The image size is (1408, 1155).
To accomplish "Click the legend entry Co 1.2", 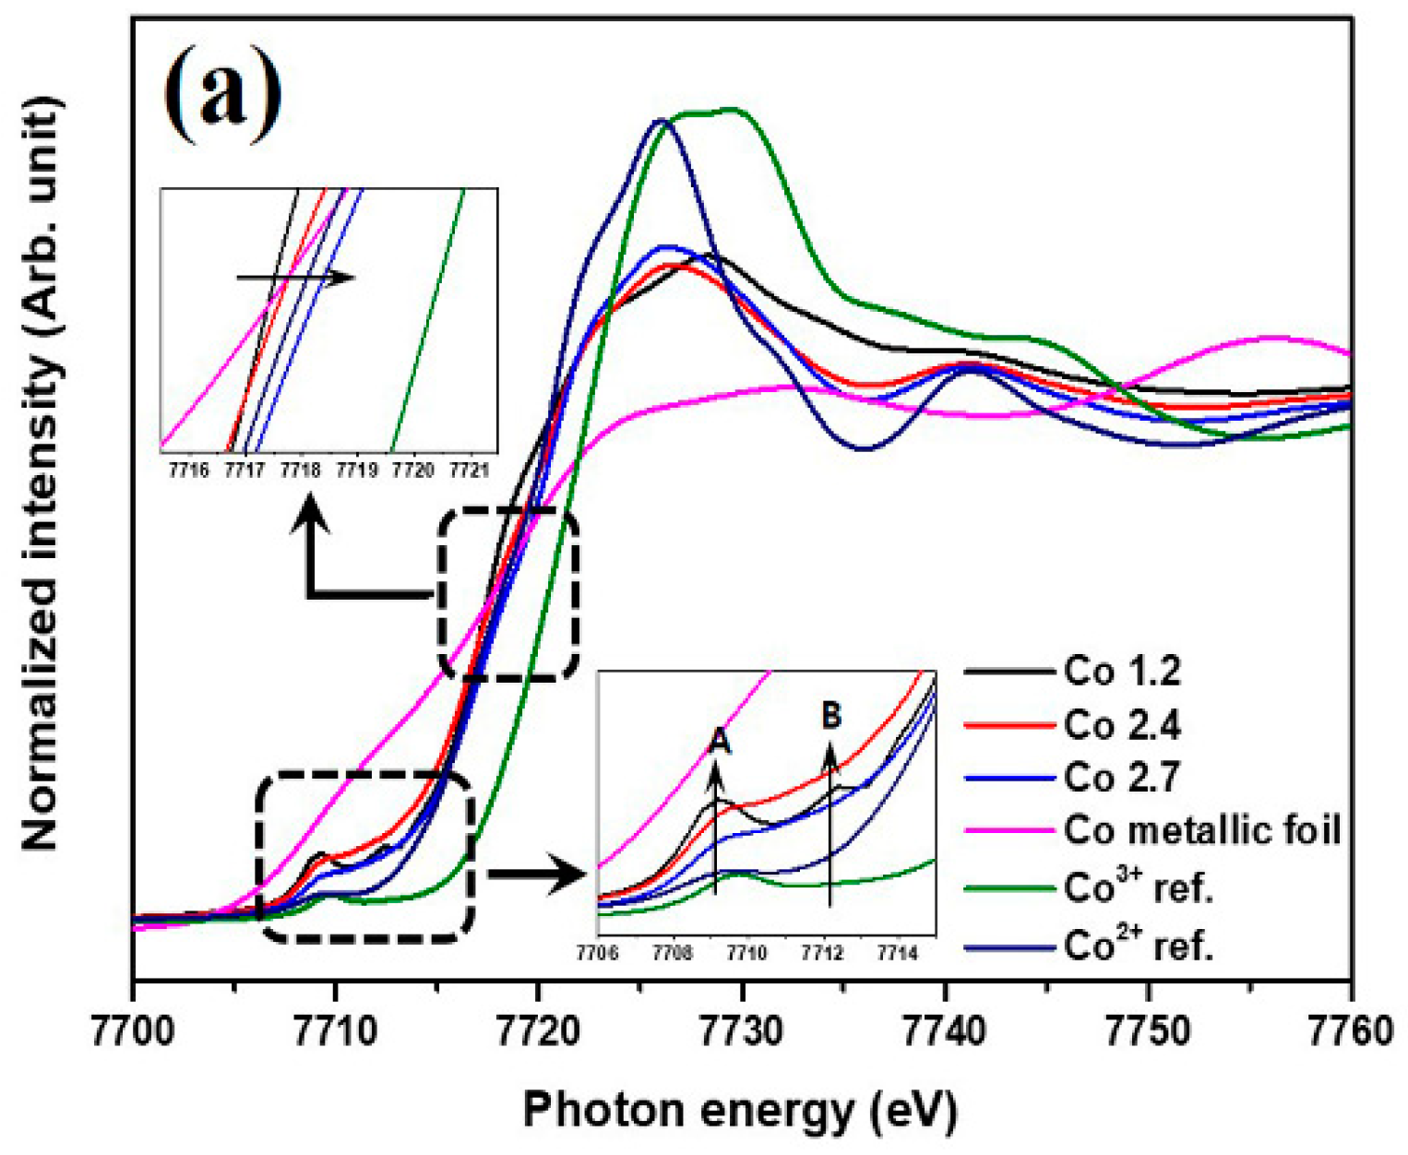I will pyautogui.click(x=1122, y=672).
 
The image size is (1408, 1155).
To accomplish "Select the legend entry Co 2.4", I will pyautogui.click(x=1122, y=726).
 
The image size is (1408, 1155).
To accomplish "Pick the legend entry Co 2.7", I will pyautogui.click(x=1122, y=778).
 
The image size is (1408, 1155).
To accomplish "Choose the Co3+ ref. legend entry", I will pyautogui.click(x=1138, y=887).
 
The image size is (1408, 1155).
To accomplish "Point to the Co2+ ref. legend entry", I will pyautogui.click(x=1138, y=945).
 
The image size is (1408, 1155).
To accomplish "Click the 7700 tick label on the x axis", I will pyautogui.click(x=135, y=1030).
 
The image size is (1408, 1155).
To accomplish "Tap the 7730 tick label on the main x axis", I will pyautogui.click(x=743, y=1030).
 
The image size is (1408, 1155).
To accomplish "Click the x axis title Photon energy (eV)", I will pyautogui.click(x=740, y=1111).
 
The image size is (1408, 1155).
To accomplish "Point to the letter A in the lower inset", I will pyautogui.click(x=721, y=740).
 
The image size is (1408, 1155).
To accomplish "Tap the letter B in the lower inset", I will pyautogui.click(x=831, y=714).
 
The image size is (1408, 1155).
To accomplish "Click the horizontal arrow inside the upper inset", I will pyautogui.click(x=295, y=277).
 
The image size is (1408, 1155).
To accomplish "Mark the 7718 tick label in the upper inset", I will pyautogui.click(x=301, y=470).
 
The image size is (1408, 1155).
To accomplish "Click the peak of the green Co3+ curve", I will pyautogui.click(x=731, y=110).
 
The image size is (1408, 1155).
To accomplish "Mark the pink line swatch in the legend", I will pyautogui.click(x=1009, y=831).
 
